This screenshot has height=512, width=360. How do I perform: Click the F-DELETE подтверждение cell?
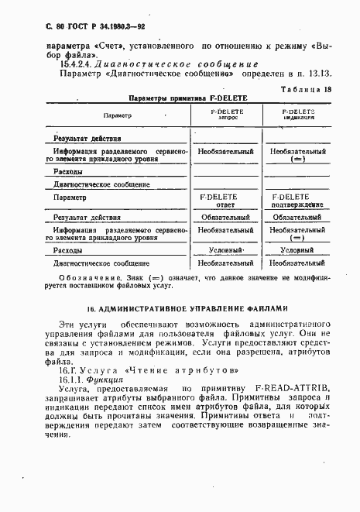(x=297, y=201)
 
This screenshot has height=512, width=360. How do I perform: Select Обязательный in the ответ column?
(x=228, y=218)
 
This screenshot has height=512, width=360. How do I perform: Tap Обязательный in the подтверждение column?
(x=297, y=218)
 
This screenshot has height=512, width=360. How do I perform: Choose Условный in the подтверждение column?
(x=297, y=251)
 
